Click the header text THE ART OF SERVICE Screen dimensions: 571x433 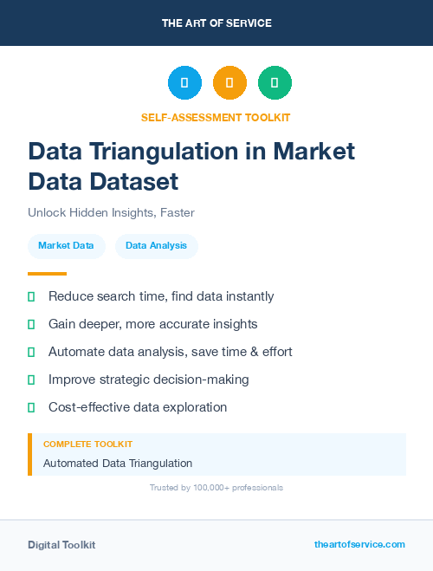(x=216, y=23)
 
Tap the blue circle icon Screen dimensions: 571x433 (x=184, y=83)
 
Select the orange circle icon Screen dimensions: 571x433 (x=229, y=83)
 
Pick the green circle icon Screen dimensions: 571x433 (x=275, y=83)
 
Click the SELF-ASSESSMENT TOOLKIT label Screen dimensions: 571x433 (x=216, y=117)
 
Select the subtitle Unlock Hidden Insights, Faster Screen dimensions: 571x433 (x=111, y=212)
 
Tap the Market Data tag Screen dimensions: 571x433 (x=66, y=246)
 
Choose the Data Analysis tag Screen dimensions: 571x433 (x=156, y=246)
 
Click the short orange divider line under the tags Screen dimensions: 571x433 (x=47, y=274)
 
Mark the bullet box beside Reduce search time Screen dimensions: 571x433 (x=31, y=296)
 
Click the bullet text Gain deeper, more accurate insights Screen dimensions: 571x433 (x=152, y=324)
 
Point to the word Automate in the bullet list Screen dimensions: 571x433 (x=76, y=352)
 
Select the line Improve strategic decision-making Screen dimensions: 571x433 (x=148, y=380)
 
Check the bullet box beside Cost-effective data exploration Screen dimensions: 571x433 (x=31, y=407)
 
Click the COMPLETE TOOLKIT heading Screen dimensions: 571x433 (x=87, y=444)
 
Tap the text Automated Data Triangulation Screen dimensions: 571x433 (x=118, y=464)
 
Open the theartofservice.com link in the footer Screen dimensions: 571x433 (x=359, y=544)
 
